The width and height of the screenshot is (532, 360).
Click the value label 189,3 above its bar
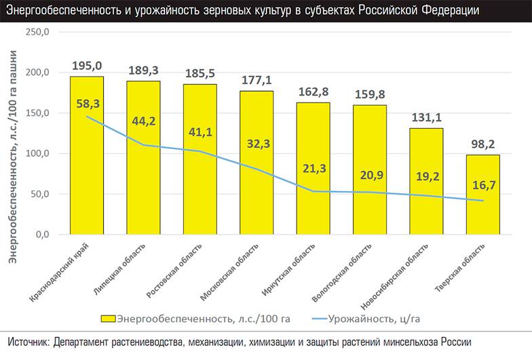[x=143, y=70]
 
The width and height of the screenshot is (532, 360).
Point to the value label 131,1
[x=426, y=117]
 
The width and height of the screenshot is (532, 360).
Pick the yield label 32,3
[x=256, y=144]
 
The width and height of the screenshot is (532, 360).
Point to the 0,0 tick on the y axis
[x=41, y=235]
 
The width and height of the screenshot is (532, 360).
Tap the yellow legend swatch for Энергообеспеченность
[x=109, y=319]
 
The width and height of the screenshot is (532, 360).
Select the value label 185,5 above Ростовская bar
[x=200, y=73]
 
